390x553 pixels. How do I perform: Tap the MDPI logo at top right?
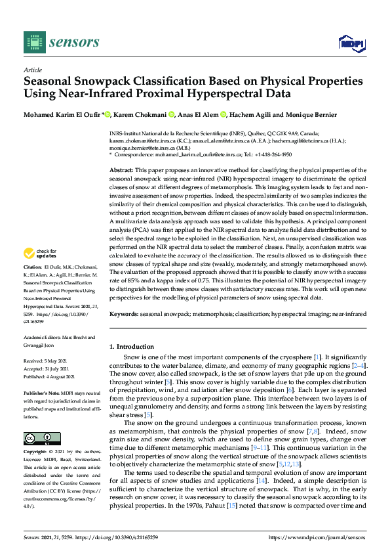(351, 43)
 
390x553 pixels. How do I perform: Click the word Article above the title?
(33, 70)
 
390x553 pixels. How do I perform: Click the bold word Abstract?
(123, 170)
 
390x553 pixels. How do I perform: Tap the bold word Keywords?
(125, 315)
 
